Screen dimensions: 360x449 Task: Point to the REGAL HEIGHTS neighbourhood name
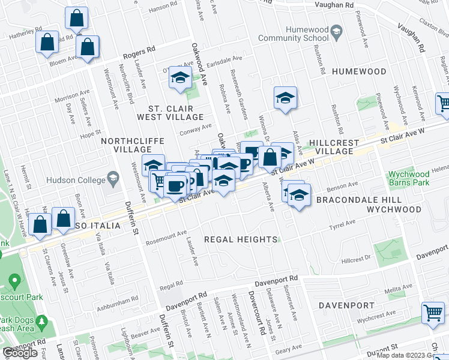(x=241, y=239)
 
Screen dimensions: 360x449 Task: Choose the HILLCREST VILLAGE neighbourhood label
(x=334, y=148)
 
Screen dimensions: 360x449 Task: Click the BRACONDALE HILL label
(x=346, y=199)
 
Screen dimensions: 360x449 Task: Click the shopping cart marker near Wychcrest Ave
(x=433, y=313)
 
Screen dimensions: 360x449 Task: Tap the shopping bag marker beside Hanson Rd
(x=77, y=19)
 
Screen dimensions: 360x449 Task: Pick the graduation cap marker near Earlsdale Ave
(x=179, y=77)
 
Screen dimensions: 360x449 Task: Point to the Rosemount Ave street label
(x=166, y=237)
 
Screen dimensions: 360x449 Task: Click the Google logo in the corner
(x=20, y=353)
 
